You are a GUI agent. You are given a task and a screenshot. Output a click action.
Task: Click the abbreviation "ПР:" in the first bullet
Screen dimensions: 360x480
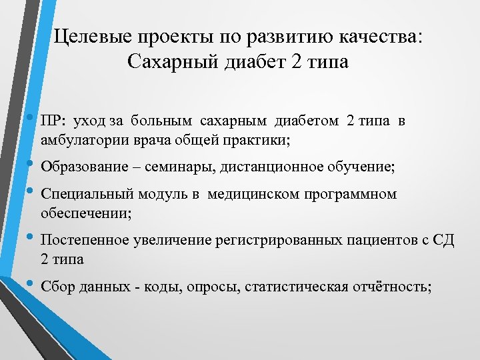(x=53, y=122)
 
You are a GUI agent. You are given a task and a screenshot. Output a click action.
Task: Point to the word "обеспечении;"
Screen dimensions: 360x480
(x=86, y=213)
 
